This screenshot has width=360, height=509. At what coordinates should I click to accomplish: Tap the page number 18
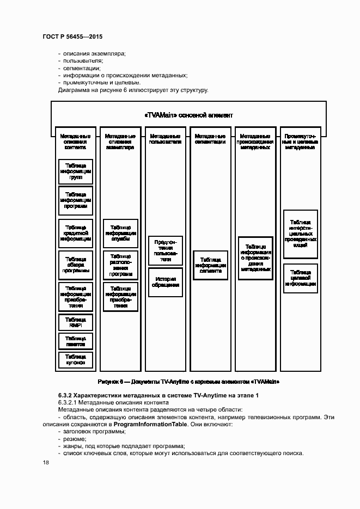point(46,463)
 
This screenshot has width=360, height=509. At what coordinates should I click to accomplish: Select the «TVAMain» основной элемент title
point(188,115)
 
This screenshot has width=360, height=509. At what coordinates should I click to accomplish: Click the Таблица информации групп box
point(76,171)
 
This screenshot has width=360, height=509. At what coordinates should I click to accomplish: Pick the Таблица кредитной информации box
point(76,232)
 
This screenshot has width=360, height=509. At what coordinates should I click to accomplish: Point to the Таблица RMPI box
point(76,322)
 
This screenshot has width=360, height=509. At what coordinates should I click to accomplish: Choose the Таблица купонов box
point(76,360)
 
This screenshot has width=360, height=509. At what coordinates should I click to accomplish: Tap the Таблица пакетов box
point(76,341)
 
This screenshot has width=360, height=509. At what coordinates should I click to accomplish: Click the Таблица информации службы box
point(120,233)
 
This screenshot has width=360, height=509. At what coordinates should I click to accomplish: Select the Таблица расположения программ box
point(120,265)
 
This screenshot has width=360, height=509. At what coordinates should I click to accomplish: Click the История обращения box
point(166,283)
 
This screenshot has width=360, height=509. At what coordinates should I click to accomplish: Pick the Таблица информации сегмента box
point(210,265)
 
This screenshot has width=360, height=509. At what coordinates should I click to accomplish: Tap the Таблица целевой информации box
point(300,278)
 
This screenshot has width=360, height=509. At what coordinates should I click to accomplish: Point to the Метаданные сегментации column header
point(210,138)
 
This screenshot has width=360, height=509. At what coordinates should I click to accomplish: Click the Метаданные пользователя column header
point(166,138)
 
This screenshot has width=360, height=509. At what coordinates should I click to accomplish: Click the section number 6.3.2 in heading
point(65,395)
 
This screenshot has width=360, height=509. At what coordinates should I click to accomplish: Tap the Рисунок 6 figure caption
point(188,382)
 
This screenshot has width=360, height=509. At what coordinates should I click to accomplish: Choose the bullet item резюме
point(74,439)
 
